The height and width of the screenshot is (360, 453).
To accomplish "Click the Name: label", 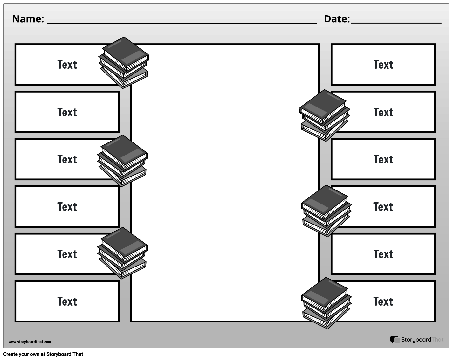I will tap(28, 19).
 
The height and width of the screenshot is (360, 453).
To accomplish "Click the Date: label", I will tap(337, 19).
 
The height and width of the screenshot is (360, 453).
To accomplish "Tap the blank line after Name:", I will tap(182, 22).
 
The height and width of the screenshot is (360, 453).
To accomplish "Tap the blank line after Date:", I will tap(396, 22).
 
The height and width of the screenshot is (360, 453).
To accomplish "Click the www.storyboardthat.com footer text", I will tap(30, 342).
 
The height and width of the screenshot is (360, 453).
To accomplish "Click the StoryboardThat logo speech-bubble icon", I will tap(395, 340).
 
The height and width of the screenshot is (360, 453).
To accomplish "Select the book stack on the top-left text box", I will tap(124, 62).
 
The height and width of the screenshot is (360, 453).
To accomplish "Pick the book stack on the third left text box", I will tap(122, 161).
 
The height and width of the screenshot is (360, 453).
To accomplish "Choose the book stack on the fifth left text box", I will tap(122, 253).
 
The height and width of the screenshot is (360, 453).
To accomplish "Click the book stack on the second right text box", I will tap(324, 115).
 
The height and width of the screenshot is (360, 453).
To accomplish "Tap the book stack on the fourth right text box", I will tap(326, 211).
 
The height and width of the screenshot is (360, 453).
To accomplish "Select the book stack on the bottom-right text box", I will tap(326, 303).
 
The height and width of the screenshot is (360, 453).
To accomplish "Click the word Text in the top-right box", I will tap(383, 65).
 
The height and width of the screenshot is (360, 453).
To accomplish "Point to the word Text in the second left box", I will tap(67, 112).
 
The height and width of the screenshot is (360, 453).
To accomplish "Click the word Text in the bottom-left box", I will tap(67, 301).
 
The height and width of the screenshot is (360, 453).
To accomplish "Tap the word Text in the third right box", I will tap(383, 159).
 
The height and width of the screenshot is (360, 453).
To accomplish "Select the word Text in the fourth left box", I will tap(67, 207).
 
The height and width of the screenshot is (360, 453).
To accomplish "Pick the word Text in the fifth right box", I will tap(383, 254).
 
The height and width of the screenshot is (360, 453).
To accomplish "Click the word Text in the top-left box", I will tap(67, 65).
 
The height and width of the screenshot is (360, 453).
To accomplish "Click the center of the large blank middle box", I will tap(225, 183).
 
